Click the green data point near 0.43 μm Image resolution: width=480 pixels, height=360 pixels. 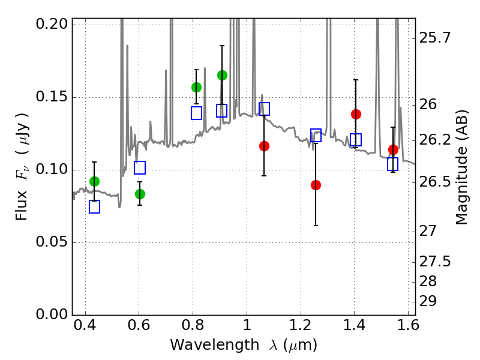pos(94,181)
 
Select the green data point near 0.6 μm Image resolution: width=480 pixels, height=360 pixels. pos(140,194)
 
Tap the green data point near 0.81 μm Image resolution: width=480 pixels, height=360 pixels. pos(196,87)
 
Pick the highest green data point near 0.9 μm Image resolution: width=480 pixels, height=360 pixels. pos(222,75)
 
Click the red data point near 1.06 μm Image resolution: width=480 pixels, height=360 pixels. pos(264,146)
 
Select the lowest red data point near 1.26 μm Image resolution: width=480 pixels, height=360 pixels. pos(316,185)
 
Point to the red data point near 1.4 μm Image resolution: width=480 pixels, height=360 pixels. pos(356,114)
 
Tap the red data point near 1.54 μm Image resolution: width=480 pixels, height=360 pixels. pos(393,149)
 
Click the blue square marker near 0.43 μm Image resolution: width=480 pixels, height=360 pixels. pos(94,207)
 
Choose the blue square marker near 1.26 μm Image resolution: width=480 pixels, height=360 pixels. pos(316,135)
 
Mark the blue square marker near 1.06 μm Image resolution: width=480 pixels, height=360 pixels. pos(264,109)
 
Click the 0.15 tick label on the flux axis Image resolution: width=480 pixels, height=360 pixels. pos(52,97)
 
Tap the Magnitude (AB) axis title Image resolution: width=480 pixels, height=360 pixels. pos(461,167)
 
